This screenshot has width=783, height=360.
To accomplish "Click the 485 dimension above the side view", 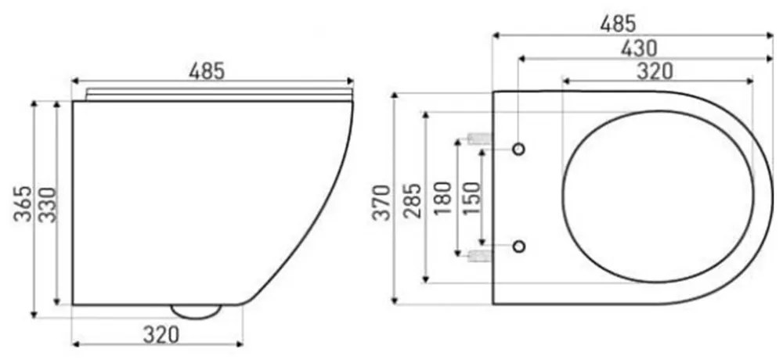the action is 207,71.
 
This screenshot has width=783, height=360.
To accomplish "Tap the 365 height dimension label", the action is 23,203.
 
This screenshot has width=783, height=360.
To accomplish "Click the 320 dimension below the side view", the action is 161,334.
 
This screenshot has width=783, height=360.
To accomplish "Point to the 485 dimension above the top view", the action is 619,24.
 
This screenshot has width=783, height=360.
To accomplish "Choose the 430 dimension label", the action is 639,49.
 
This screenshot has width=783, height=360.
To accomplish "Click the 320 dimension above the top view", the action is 655,71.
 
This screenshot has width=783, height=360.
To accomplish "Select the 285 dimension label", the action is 413,200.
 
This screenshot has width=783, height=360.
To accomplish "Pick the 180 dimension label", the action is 443,198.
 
